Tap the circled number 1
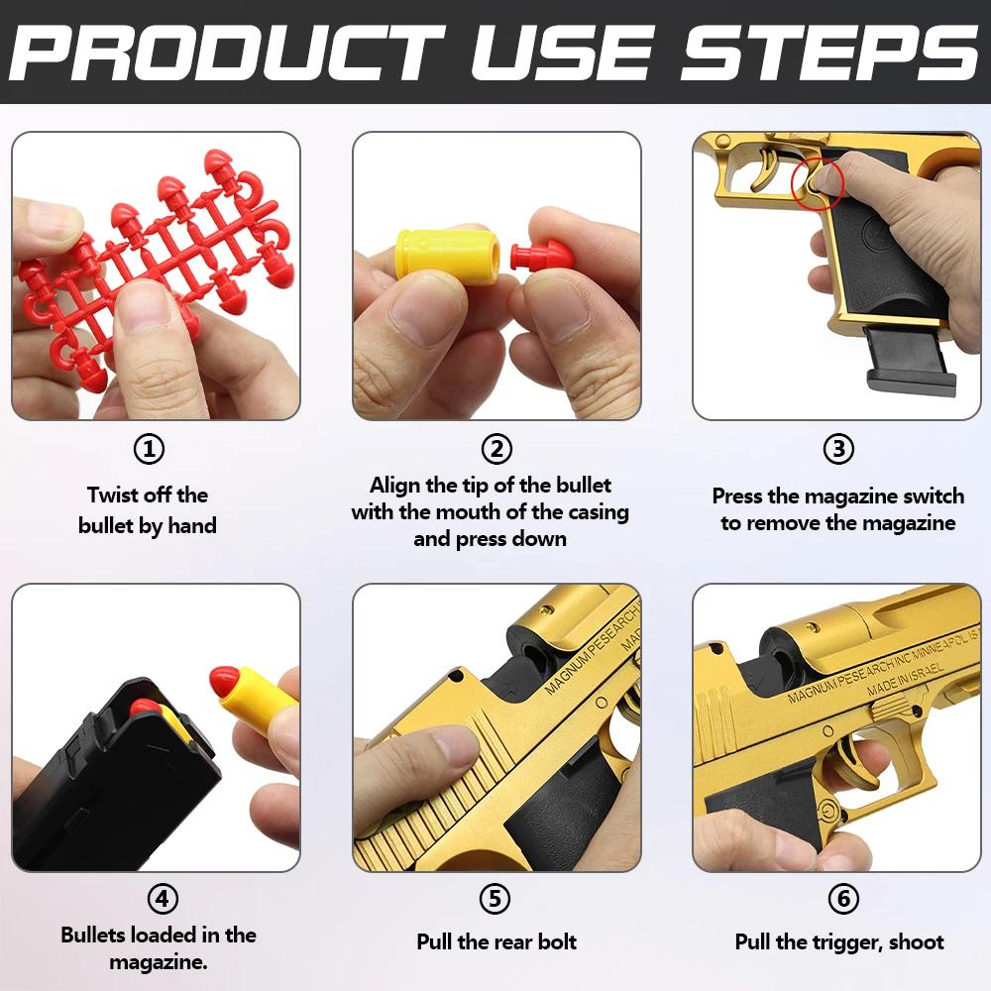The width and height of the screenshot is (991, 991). pos(149,449)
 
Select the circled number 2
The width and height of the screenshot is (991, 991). pos(495,449)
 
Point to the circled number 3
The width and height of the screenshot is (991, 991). pos(838,449)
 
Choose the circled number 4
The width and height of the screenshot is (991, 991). pos(162,899)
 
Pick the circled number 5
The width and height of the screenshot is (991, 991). pos(495,899)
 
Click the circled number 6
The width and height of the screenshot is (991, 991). pos(841,899)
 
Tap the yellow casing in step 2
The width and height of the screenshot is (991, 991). pos(431,254)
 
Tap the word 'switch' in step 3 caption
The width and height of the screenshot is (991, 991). pos(930,495)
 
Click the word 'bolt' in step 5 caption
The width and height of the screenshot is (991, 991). pos(555,941)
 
